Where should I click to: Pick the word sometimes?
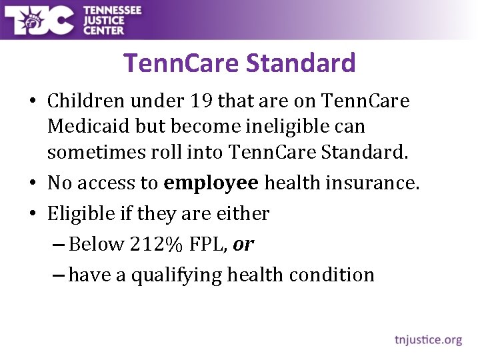pos(92,153)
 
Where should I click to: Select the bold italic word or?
pos(243,245)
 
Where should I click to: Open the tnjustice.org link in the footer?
pos(428,339)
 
